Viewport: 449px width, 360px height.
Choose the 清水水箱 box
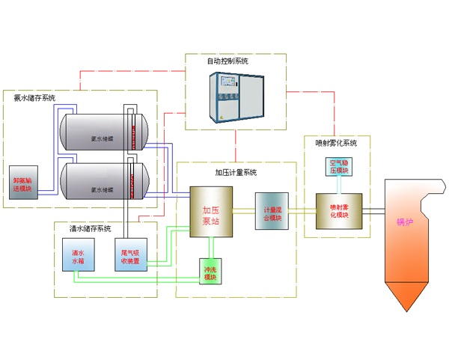click(78, 257)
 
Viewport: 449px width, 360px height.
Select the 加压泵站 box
click(210, 212)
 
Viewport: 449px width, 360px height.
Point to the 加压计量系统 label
click(236, 173)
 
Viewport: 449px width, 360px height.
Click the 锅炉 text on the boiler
click(405, 222)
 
